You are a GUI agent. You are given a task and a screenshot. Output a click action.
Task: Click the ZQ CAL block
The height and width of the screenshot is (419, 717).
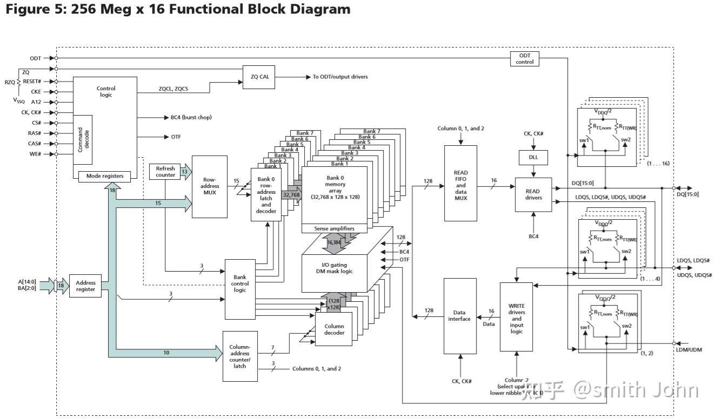click(x=260, y=77)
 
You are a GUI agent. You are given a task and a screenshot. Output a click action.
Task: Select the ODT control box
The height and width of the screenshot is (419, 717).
click(x=525, y=59)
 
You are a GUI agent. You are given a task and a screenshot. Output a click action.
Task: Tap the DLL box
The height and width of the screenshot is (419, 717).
click(x=533, y=158)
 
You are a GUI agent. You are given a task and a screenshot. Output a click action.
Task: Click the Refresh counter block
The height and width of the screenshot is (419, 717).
click(x=165, y=172)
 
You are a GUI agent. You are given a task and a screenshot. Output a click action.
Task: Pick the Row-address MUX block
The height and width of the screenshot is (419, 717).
click(x=210, y=186)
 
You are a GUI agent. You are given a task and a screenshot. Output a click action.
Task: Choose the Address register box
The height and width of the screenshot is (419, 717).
click(x=85, y=286)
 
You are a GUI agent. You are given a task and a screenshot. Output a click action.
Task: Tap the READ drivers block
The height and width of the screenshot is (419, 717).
click(x=532, y=194)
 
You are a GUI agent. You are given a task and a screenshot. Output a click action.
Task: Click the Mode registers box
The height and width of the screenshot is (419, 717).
click(x=105, y=176)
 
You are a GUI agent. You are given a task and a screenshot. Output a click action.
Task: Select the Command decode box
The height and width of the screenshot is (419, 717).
click(x=83, y=139)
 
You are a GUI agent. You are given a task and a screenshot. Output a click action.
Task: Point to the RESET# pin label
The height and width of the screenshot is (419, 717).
click(x=32, y=82)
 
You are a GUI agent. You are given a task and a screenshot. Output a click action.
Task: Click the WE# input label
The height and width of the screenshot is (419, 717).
click(x=36, y=154)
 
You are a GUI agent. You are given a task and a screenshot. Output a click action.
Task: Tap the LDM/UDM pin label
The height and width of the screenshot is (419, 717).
click(x=689, y=350)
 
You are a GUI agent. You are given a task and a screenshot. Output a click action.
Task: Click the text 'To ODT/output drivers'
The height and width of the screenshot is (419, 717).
click(x=340, y=77)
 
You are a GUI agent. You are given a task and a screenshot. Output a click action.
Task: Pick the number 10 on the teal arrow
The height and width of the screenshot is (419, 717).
click(x=166, y=353)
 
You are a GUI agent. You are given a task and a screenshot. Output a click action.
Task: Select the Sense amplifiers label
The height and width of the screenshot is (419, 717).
click(x=334, y=229)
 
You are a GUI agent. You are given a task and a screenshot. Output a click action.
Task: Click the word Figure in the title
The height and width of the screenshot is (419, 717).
click(x=26, y=9)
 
